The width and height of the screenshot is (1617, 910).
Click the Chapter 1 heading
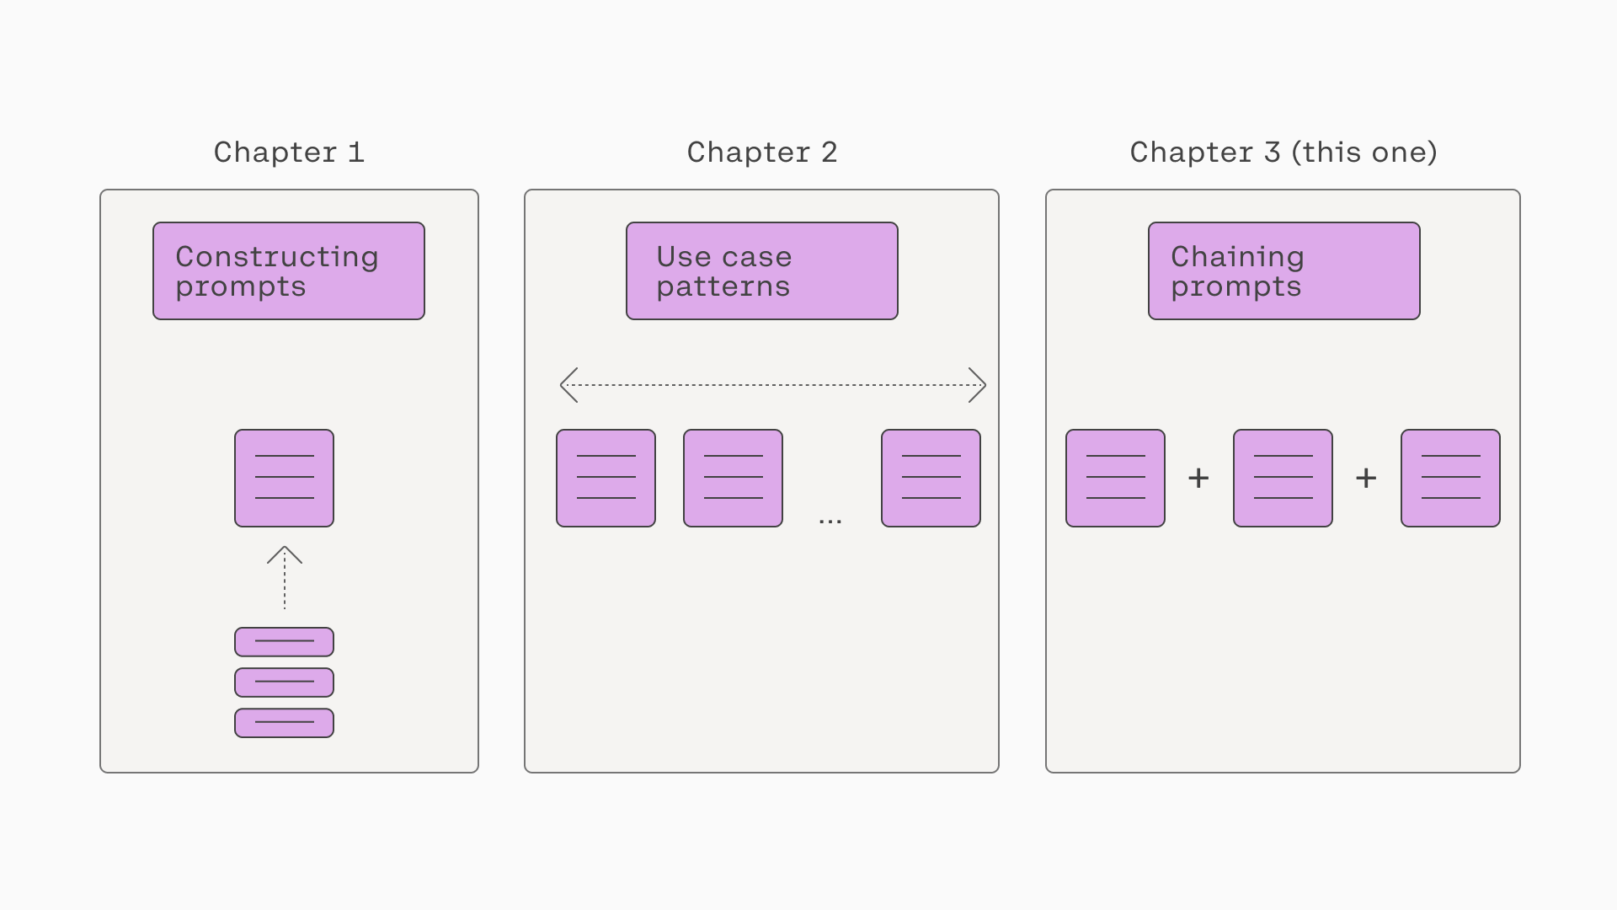(289, 153)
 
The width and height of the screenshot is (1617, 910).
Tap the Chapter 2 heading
(762, 153)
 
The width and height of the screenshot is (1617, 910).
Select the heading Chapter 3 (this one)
(1283, 153)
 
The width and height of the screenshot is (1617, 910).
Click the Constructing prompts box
(289, 271)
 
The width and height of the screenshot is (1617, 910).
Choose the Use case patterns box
(762, 271)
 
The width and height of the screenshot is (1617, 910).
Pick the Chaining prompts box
(1284, 271)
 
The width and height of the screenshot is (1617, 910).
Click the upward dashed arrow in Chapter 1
(285, 578)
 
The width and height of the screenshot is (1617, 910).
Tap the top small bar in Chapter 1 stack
(285, 642)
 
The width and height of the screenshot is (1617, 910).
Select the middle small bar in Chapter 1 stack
(285, 682)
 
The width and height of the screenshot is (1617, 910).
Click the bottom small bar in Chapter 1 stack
(285, 723)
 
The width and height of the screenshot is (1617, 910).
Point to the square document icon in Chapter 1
(285, 479)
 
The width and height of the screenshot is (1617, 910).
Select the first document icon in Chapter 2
(606, 479)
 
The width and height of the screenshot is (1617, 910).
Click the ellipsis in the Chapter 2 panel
(830, 522)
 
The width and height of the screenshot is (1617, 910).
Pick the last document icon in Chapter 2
(931, 479)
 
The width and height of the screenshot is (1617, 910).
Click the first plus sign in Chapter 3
(1198, 479)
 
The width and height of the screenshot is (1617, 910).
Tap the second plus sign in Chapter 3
(1366, 479)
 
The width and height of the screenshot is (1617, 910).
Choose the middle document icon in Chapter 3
(1283, 479)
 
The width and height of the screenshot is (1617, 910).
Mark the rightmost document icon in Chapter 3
(1451, 479)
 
